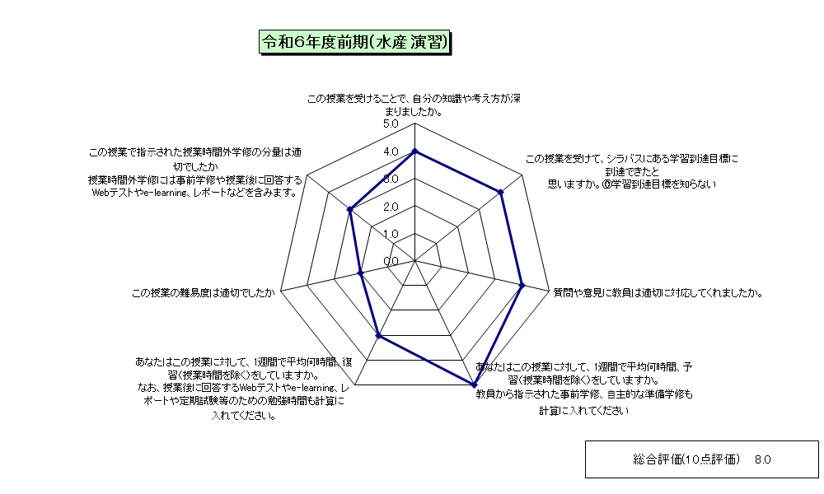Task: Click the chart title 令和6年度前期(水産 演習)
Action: click(x=355, y=42)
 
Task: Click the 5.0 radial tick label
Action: click(x=391, y=123)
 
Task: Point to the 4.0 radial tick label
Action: click(x=391, y=151)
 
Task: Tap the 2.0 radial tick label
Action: click(x=391, y=207)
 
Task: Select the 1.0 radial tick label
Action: click(x=391, y=234)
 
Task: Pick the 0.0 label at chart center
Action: click(x=391, y=262)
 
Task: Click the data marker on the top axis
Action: click(x=415, y=151)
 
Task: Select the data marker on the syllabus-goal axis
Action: click(x=501, y=193)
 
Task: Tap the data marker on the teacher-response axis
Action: click(x=522, y=286)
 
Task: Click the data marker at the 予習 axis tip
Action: click(x=474, y=384)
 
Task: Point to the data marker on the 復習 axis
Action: click(x=378, y=335)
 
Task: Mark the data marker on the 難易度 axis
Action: click(x=361, y=273)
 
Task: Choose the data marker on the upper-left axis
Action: click(x=349, y=209)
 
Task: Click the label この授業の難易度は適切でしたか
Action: click(x=203, y=293)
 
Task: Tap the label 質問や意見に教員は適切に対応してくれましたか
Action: click(x=658, y=293)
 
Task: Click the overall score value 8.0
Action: click(x=762, y=460)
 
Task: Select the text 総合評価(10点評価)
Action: click(x=686, y=460)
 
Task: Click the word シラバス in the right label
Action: click(x=625, y=159)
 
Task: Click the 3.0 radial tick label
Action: click(x=391, y=179)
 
